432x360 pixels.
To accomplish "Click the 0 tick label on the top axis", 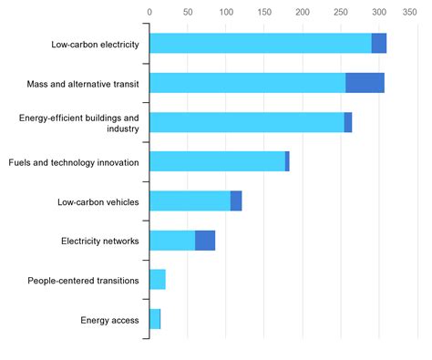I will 149,13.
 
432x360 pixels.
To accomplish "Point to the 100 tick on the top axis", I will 226,13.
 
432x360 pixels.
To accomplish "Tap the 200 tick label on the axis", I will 303,13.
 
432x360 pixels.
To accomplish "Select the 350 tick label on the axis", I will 417,13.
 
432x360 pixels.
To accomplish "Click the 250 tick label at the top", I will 341,13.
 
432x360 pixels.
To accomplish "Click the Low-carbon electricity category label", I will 96,43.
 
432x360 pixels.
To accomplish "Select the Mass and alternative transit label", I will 84,83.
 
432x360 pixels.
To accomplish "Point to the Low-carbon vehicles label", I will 98,201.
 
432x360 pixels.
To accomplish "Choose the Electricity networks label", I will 100,241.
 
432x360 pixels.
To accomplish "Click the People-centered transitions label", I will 84,281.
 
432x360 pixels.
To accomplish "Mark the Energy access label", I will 109,320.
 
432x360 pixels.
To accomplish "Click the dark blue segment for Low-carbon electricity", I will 379,43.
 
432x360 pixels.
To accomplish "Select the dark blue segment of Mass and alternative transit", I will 365,83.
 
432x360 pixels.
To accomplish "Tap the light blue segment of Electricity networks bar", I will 172,241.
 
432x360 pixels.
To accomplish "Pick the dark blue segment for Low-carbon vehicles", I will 236,201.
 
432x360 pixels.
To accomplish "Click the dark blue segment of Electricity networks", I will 205,241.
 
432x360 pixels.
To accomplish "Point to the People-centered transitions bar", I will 158,280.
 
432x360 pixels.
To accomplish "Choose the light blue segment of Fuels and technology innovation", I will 217,161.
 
